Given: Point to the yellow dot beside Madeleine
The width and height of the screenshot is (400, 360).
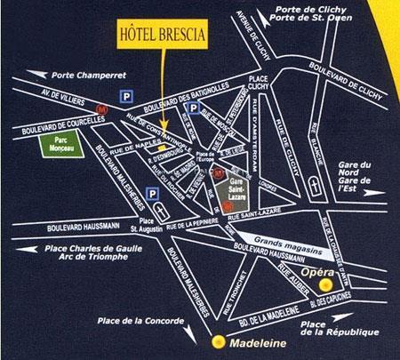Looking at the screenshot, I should point(216,340).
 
